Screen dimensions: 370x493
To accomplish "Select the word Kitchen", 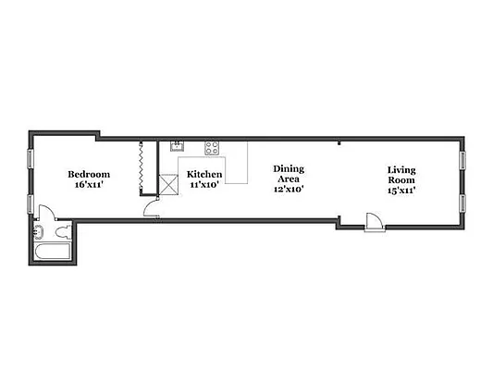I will point(204,174).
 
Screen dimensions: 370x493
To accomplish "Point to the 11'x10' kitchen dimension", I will point(204,184).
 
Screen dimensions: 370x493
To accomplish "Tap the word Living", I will point(401,169).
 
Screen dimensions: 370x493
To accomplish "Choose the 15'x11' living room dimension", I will point(401,190).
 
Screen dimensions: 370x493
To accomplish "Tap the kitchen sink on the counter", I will point(176,146).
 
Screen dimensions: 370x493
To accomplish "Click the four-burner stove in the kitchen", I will point(212,146).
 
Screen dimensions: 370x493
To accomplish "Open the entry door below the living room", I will point(373,223).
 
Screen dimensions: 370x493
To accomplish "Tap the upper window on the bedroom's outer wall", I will point(29,157).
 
